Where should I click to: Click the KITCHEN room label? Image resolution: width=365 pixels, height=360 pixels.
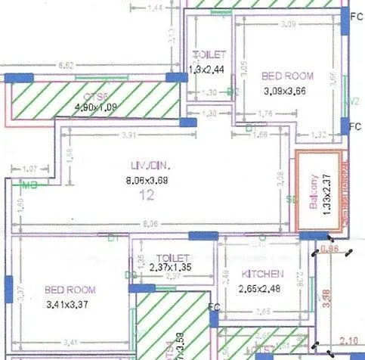(262, 273)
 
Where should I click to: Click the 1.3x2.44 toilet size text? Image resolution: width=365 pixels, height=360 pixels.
(206, 68)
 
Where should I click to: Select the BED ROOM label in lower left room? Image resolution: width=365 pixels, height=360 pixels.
(69, 290)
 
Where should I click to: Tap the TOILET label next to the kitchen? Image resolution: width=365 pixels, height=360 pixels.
(172, 257)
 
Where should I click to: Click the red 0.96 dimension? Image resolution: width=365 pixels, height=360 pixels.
(329, 248)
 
